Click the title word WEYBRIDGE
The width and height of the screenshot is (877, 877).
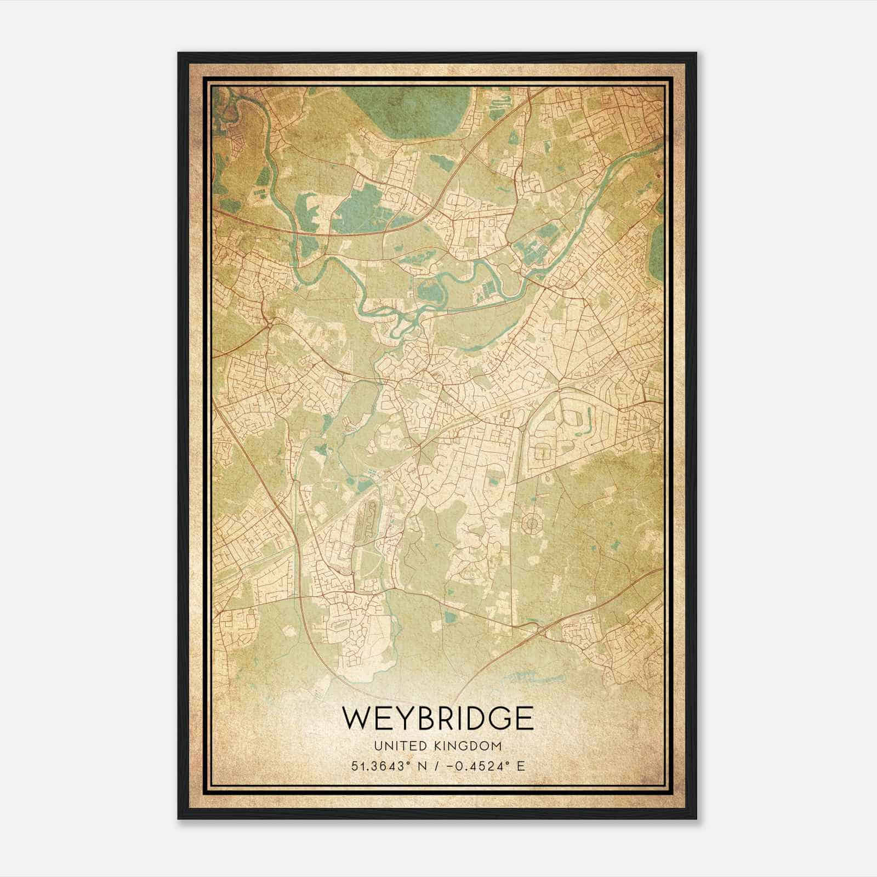(x=437, y=718)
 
